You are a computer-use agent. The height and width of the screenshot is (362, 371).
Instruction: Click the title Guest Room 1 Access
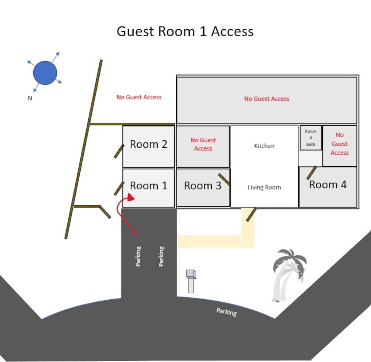click(185, 31)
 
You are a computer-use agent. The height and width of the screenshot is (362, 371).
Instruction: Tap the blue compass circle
click(45, 73)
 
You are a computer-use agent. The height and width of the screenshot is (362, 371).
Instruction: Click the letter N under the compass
click(30, 98)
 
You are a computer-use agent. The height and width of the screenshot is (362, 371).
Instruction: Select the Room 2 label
click(148, 144)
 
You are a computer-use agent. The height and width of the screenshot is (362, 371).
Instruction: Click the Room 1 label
click(148, 186)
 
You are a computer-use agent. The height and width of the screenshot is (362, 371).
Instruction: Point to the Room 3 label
click(203, 186)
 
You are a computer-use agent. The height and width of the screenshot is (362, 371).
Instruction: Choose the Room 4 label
click(328, 184)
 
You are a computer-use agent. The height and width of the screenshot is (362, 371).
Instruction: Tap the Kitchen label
click(264, 146)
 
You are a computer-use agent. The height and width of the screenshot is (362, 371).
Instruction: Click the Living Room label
click(264, 187)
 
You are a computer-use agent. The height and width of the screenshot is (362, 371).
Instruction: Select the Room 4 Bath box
click(311, 138)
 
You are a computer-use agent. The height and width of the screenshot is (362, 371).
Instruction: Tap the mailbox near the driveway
click(191, 281)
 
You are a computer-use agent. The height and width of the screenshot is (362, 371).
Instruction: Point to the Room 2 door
click(119, 151)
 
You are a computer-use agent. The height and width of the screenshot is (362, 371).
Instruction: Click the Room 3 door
click(224, 179)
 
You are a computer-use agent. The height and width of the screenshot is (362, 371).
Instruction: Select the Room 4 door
click(311, 173)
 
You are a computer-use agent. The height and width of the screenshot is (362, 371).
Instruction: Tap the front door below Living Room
click(251, 215)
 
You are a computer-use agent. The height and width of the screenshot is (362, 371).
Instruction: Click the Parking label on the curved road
click(226, 312)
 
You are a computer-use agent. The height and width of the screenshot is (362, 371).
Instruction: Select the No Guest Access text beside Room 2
click(203, 144)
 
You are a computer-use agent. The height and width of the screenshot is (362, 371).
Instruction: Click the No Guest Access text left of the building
click(139, 97)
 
